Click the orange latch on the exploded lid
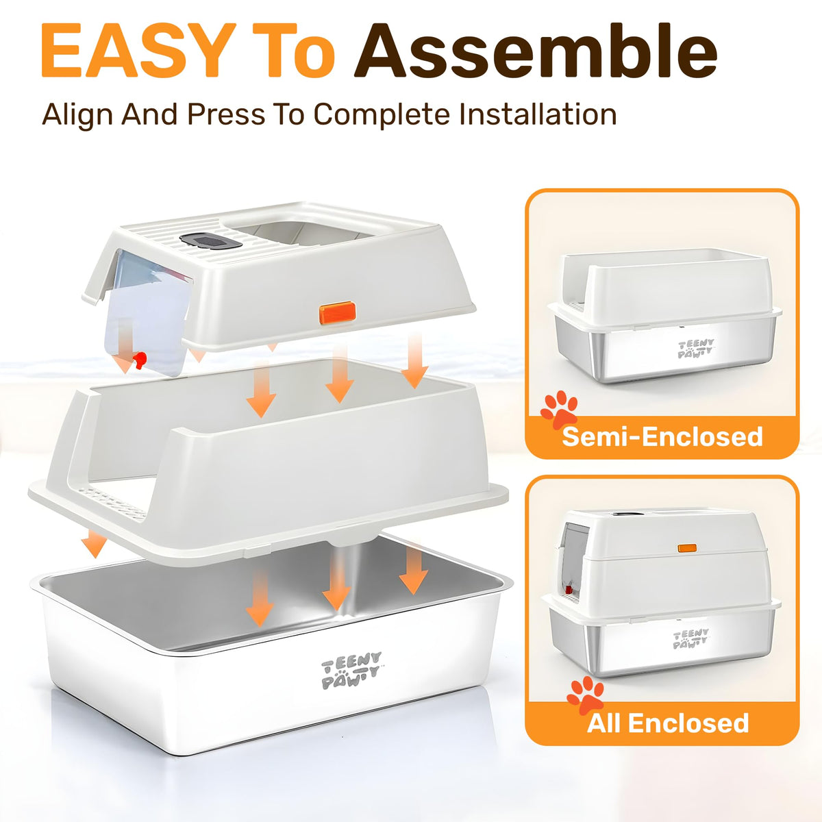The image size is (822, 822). point(338,312)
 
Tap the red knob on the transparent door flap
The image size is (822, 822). point(140,359)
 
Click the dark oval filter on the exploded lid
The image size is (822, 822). point(211,241)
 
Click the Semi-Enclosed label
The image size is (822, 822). point(662,436)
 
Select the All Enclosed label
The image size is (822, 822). point(668,723)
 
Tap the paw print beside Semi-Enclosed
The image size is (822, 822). point(559,410)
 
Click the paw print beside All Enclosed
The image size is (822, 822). point(586,696)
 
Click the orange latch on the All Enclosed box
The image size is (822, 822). point(687,548)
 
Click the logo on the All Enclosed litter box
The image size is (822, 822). point(690,639)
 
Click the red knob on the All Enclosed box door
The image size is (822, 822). point(569,590)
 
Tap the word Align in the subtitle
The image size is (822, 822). point(77,115)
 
